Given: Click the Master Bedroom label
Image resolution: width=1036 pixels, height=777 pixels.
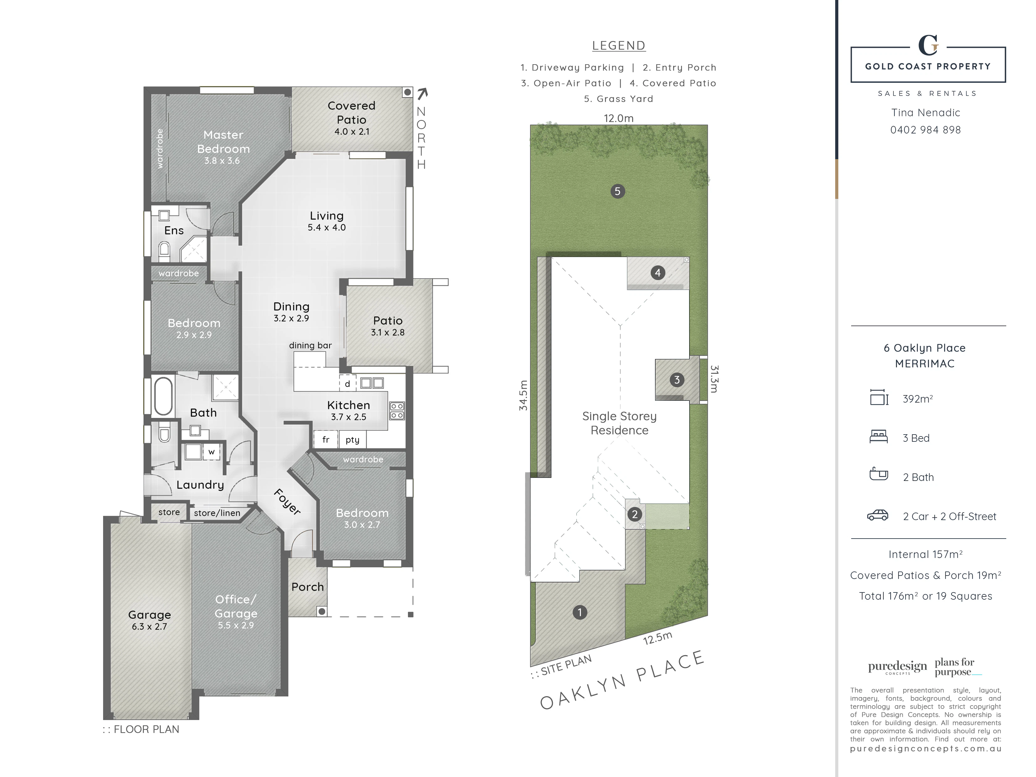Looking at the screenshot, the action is tap(223, 142).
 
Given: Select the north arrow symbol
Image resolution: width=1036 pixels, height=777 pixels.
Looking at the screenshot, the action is tap(422, 94).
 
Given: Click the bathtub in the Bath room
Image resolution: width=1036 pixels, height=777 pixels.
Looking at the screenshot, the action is tap(163, 396).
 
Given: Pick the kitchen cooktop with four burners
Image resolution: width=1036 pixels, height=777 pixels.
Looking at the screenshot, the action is tap(397, 411).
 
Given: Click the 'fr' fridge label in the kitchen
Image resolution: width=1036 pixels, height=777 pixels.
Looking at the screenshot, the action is tap(325, 439).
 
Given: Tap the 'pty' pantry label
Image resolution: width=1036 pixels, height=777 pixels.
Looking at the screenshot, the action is tap(352, 440).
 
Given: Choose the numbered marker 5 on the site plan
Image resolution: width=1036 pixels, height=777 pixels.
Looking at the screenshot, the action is tap(617, 191).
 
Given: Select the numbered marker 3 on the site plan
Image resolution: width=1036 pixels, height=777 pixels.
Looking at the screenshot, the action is tap(676, 380).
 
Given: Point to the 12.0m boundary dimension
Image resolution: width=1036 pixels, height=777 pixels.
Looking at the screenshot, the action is tap(618, 118).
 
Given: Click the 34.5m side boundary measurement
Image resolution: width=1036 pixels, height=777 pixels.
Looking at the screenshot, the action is tap(523, 395).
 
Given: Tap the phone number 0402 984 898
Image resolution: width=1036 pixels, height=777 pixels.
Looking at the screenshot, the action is tap(925, 130).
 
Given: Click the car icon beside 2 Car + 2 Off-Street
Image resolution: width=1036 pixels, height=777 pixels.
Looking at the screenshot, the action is tap(878, 515).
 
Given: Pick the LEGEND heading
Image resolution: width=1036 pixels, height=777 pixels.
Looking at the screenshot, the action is tap(619, 45).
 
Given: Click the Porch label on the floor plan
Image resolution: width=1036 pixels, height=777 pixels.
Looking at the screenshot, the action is tap(307, 587).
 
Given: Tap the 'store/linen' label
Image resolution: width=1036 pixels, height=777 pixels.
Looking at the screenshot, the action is tap(217, 513).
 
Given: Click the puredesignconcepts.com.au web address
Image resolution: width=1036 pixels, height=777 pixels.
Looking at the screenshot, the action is tap(925, 749).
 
